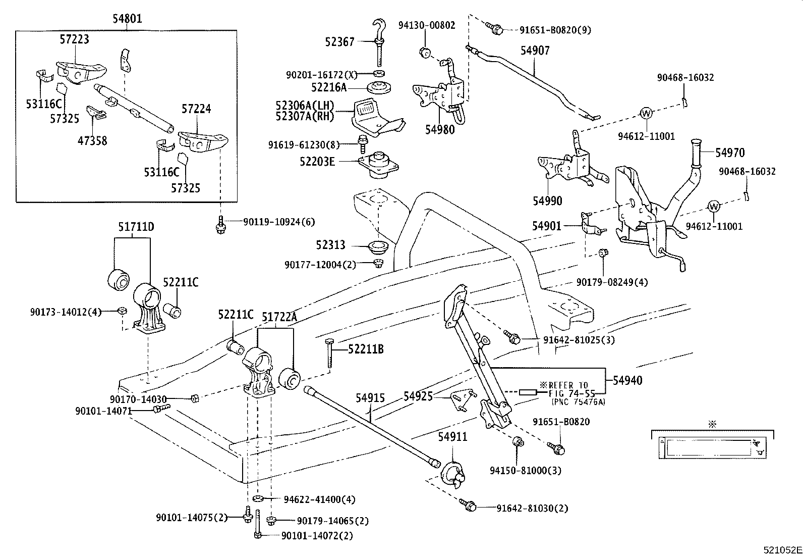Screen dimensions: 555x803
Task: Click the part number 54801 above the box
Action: point(127,19)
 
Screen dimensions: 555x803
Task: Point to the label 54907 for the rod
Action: point(535,51)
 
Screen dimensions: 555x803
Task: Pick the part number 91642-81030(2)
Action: point(532,508)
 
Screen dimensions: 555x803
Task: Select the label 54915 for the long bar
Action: point(370,398)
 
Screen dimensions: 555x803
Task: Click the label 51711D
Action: point(136,227)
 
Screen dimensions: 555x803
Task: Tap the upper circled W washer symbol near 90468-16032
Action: point(646,114)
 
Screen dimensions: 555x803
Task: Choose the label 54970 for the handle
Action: point(730,153)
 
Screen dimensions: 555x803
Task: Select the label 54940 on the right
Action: point(627,380)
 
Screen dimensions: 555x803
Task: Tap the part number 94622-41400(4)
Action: point(319,499)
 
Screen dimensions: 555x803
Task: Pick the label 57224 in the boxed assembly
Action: point(196,109)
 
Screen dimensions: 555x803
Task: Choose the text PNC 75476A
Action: point(579,402)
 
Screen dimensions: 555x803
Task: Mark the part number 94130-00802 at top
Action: point(426,25)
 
